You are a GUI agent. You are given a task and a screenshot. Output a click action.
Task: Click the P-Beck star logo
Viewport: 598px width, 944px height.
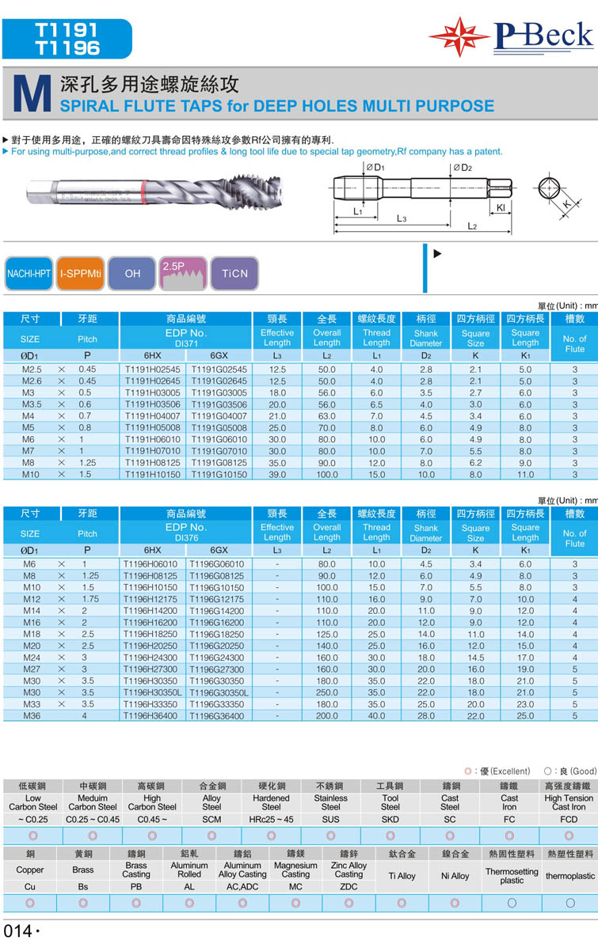pos(460,36)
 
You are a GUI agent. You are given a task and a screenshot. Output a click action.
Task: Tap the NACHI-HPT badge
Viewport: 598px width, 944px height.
pos(29,274)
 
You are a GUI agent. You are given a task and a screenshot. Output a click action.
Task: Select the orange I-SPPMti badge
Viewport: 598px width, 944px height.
pos(81,274)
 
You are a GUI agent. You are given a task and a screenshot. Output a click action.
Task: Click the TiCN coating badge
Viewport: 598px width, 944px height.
pos(234,274)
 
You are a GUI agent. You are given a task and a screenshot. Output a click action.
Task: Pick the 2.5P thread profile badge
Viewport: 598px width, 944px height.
pos(183,274)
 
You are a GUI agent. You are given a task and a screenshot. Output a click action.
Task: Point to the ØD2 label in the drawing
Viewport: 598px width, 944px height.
pos(463,168)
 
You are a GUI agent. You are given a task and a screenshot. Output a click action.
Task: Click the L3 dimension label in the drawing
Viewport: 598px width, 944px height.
pos(402,217)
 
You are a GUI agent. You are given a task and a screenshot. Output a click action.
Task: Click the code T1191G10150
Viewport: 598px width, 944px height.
pos(219,475)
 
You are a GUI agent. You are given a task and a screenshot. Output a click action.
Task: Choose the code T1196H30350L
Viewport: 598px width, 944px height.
pos(153,692)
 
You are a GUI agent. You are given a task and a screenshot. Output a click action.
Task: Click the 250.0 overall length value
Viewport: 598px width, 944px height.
pos(326,692)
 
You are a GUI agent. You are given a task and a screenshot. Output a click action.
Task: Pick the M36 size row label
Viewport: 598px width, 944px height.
pos(32,716)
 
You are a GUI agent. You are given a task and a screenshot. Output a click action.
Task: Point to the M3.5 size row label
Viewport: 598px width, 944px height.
pos(32,404)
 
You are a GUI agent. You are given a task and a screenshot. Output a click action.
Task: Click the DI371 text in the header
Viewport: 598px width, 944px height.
pos(185,343)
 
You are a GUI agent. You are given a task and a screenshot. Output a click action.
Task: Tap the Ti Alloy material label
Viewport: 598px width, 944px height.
pos(402,876)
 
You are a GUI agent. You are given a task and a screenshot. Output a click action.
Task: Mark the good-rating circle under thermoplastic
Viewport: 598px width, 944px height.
pos(569,902)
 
